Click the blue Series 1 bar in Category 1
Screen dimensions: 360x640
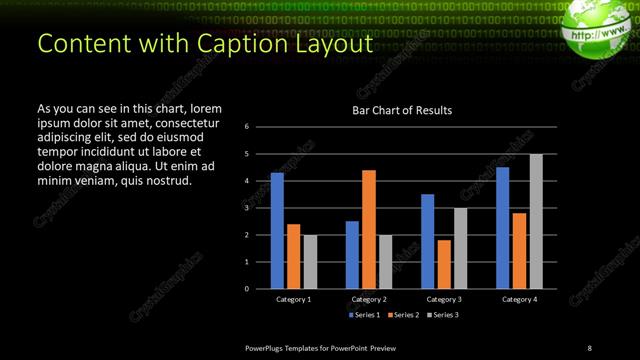pos(277,230)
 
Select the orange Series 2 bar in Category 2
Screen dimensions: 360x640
pos(369,228)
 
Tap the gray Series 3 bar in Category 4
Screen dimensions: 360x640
pos(536,221)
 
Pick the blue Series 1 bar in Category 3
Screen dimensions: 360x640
pos(428,241)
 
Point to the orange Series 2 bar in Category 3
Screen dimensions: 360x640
pos(444,264)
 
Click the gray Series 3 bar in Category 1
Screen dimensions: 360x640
pos(310,261)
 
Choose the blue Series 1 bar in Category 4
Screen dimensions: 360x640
pos(503,227)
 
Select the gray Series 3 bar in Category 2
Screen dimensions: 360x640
pos(385,261)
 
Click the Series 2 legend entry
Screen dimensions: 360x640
pos(402,315)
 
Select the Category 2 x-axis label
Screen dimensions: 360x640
pos(369,299)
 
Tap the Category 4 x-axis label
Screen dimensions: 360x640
pos(519,299)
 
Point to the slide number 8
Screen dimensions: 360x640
pos(589,347)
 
